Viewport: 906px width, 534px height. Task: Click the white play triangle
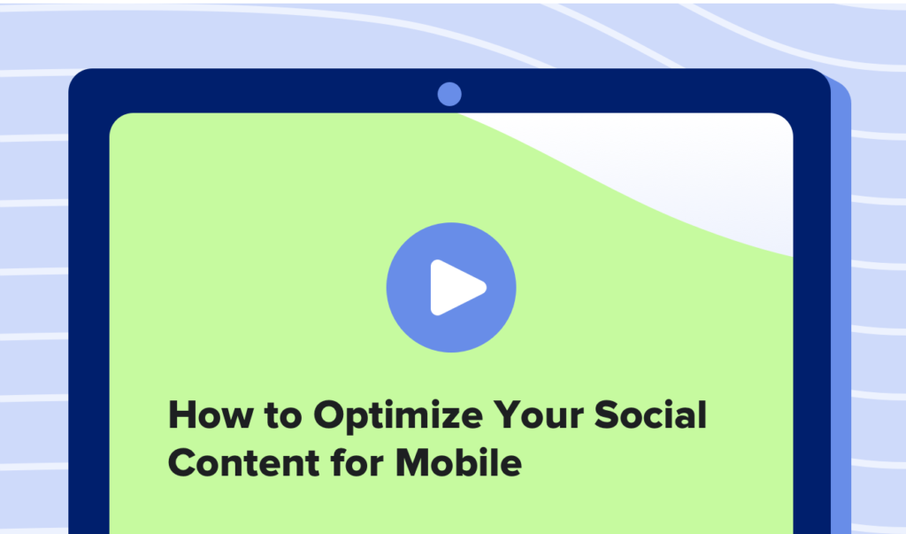coord(456,288)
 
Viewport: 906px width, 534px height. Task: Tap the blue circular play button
coord(451,288)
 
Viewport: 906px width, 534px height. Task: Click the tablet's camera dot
coord(449,94)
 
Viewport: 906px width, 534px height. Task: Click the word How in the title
coord(211,414)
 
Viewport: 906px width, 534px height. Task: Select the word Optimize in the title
coord(398,416)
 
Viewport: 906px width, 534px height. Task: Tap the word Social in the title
coord(650,414)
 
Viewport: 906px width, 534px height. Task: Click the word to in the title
coord(283,416)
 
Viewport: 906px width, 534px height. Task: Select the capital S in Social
coord(607,414)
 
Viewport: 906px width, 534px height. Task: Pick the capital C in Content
coord(183,463)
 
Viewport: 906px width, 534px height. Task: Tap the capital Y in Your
coord(509,414)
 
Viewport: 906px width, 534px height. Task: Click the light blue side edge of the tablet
coord(841,306)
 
